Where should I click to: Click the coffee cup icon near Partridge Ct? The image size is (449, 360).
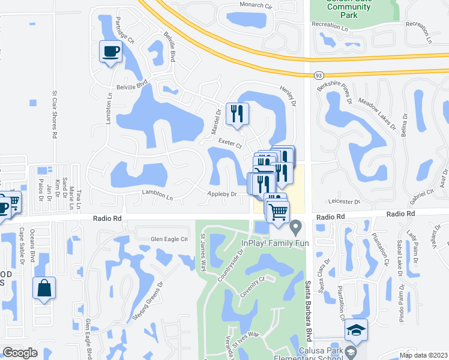110,52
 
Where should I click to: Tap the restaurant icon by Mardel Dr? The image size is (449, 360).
237,113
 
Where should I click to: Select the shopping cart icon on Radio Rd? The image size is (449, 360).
279,211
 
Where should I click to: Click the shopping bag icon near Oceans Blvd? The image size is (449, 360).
44,288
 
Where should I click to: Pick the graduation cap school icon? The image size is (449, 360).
356,330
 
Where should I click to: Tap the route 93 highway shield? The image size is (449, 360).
318,75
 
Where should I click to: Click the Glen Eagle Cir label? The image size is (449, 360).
169,239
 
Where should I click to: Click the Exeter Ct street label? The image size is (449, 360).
229,143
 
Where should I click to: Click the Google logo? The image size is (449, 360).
20,353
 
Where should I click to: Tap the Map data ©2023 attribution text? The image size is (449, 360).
423,355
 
